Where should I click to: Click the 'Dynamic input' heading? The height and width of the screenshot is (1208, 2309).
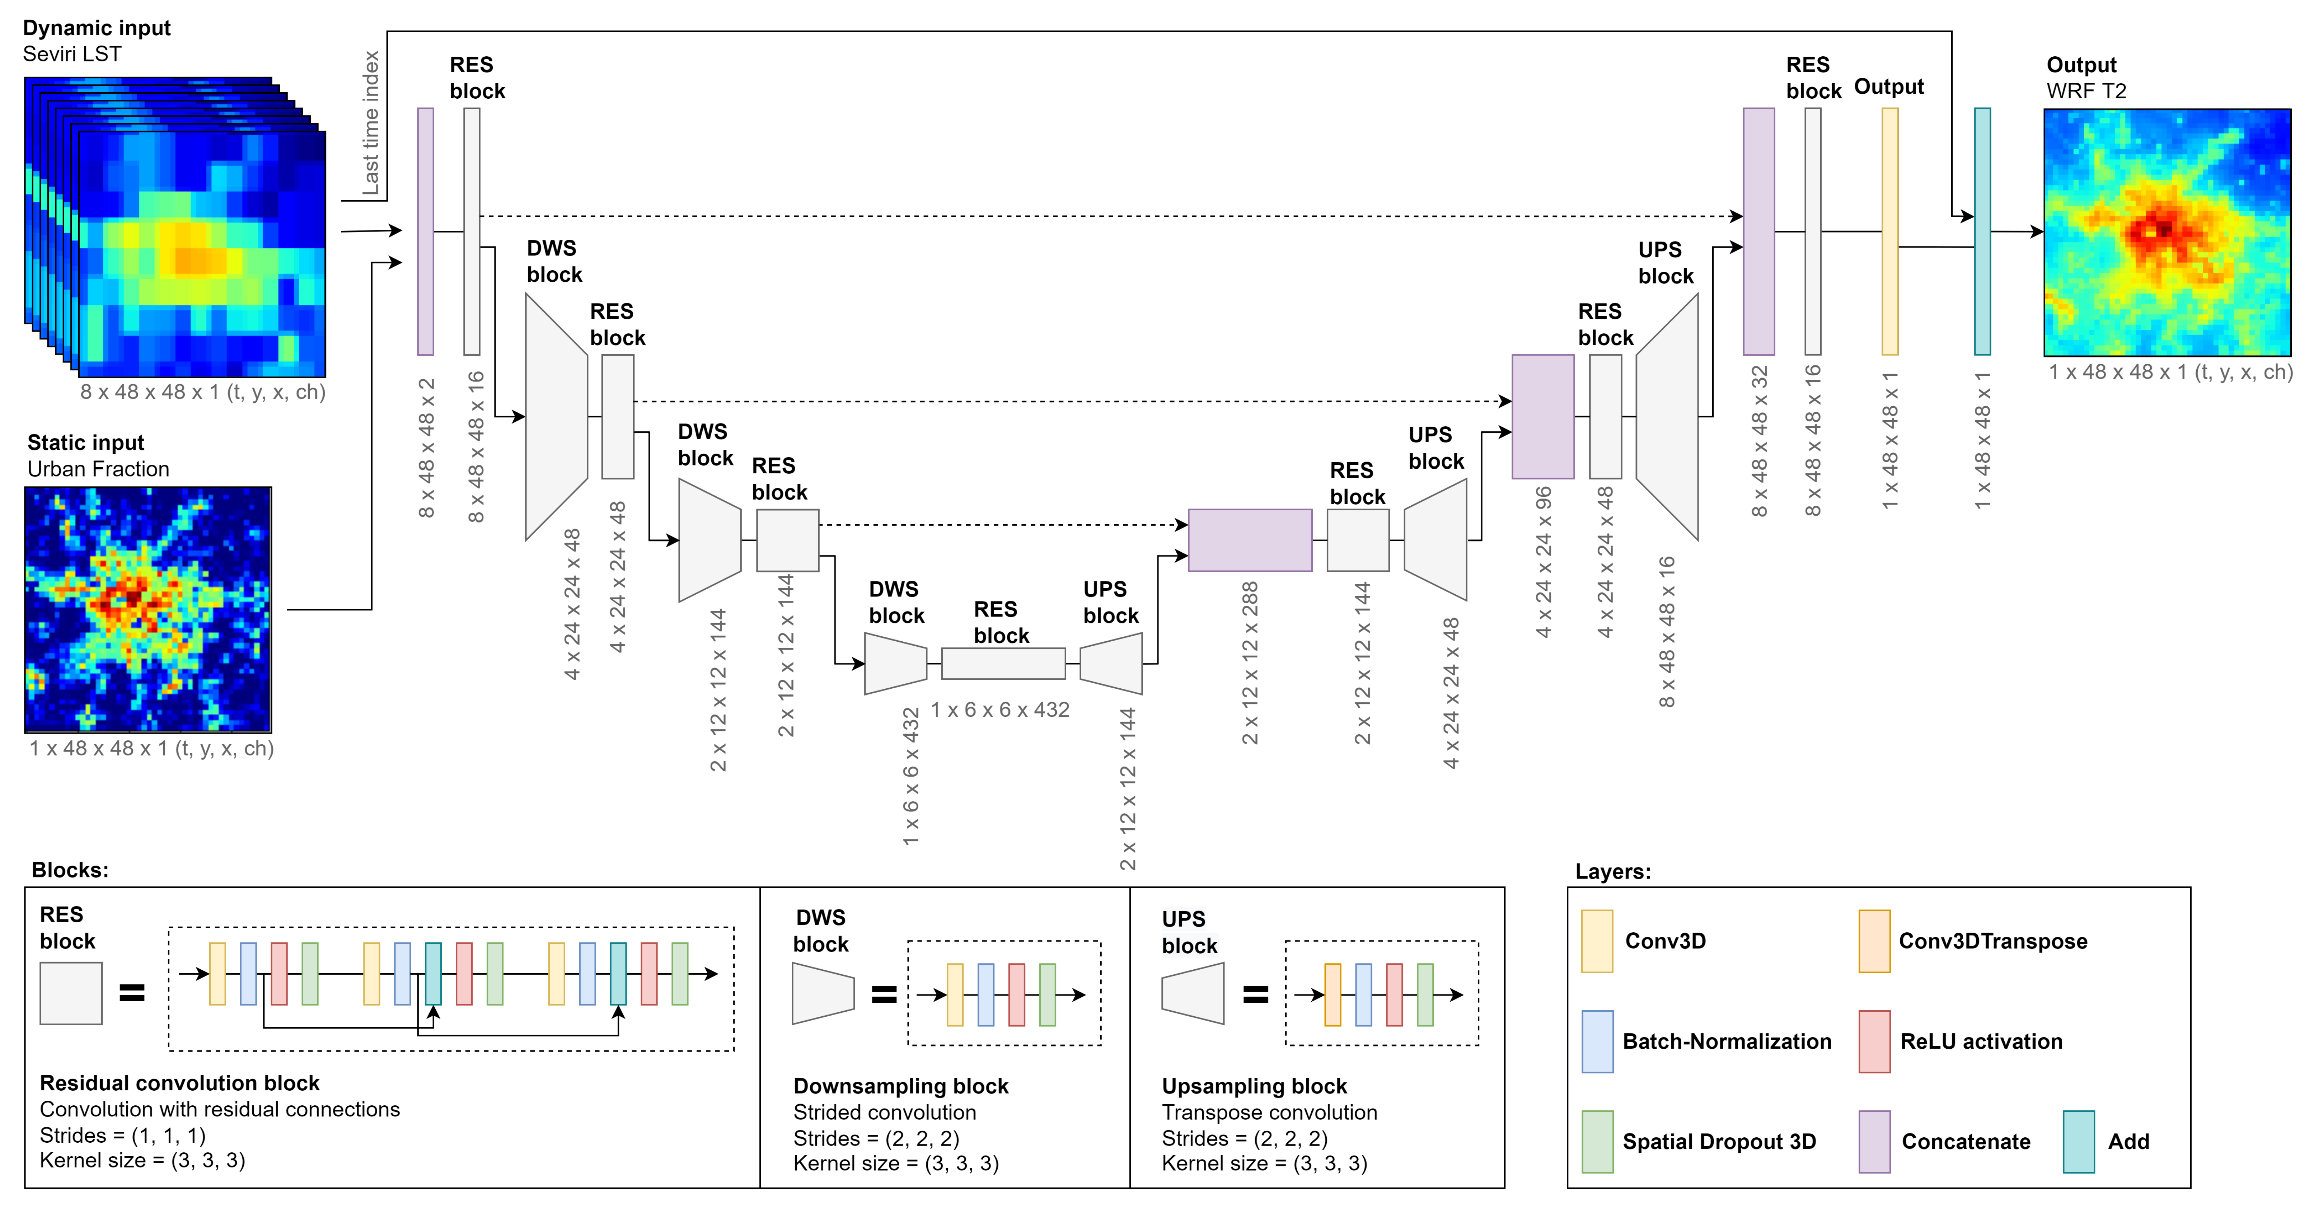coord(97,28)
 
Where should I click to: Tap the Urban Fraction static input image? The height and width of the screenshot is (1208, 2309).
coord(148,609)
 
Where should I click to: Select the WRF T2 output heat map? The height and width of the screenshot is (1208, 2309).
coord(2167,232)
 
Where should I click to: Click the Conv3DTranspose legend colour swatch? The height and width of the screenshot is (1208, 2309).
coord(1874,941)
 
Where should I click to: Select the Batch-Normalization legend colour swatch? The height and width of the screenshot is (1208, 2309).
coord(1597,1041)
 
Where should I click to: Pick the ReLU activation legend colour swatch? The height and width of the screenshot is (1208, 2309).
coord(1874,1041)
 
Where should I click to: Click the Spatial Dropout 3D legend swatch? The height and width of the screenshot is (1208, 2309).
coord(1597,1142)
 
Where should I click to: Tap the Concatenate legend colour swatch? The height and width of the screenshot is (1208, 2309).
coord(1874,1142)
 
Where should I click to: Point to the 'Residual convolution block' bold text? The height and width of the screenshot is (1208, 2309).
coord(179,1083)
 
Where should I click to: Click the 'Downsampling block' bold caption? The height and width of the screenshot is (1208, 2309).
coord(901,1086)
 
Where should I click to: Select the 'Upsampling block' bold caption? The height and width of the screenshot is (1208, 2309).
coord(1254,1086)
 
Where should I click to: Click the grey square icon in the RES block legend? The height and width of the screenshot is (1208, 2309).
coord(71,993)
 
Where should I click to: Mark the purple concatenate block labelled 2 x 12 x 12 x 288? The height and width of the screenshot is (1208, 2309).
coord(1250,540)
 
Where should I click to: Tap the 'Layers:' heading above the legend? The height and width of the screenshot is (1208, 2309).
coord(1612,871)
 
